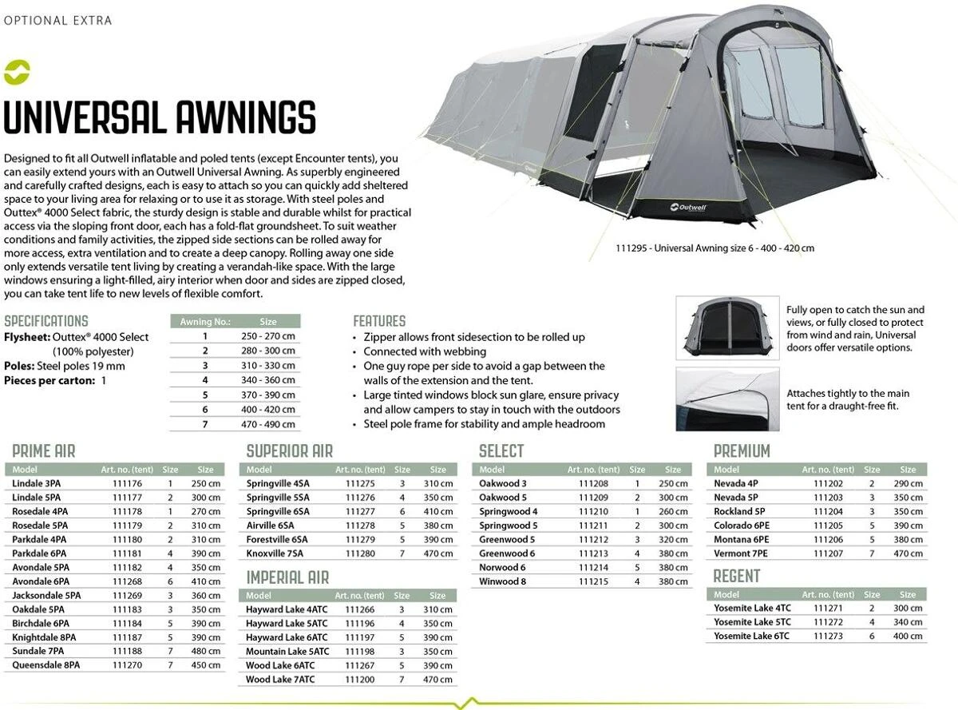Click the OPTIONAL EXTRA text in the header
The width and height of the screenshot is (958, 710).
point(58,20)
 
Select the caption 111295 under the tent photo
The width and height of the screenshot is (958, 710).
point(715,248)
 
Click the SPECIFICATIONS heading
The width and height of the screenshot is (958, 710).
point(46,321)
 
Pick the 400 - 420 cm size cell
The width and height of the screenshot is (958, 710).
point(267,410)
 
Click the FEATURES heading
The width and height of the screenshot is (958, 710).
point(379,321)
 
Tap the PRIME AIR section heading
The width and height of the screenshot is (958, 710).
point(44,451)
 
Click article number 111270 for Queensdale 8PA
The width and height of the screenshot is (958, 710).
point(127,664)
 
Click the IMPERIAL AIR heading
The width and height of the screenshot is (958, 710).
point(287,577)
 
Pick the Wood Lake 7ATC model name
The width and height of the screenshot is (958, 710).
point(280,680)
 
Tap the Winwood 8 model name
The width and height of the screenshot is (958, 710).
point(503,581)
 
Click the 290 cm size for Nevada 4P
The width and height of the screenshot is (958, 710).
point(908,483)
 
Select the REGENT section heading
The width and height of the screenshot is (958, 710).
point(736,577)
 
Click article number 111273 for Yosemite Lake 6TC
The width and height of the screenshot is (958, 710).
point(828,636)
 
